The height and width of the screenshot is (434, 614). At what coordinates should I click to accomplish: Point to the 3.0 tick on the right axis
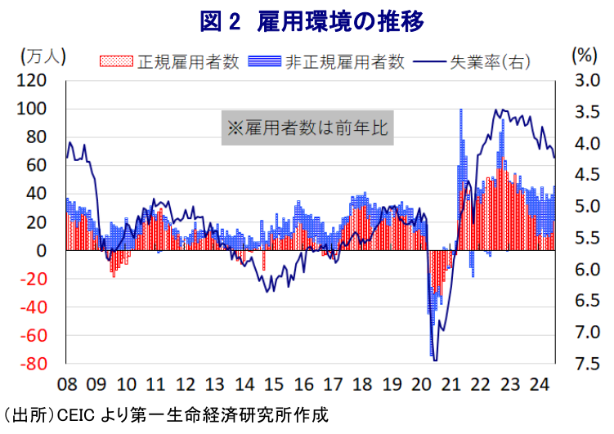587,81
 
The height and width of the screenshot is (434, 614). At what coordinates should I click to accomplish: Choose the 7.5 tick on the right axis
587,364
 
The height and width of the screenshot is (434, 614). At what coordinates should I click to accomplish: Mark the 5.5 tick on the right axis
587,238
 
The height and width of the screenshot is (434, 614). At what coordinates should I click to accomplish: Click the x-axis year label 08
67,384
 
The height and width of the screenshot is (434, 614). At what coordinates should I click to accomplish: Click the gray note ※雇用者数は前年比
307,128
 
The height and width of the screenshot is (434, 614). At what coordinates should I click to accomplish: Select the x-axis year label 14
244,384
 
